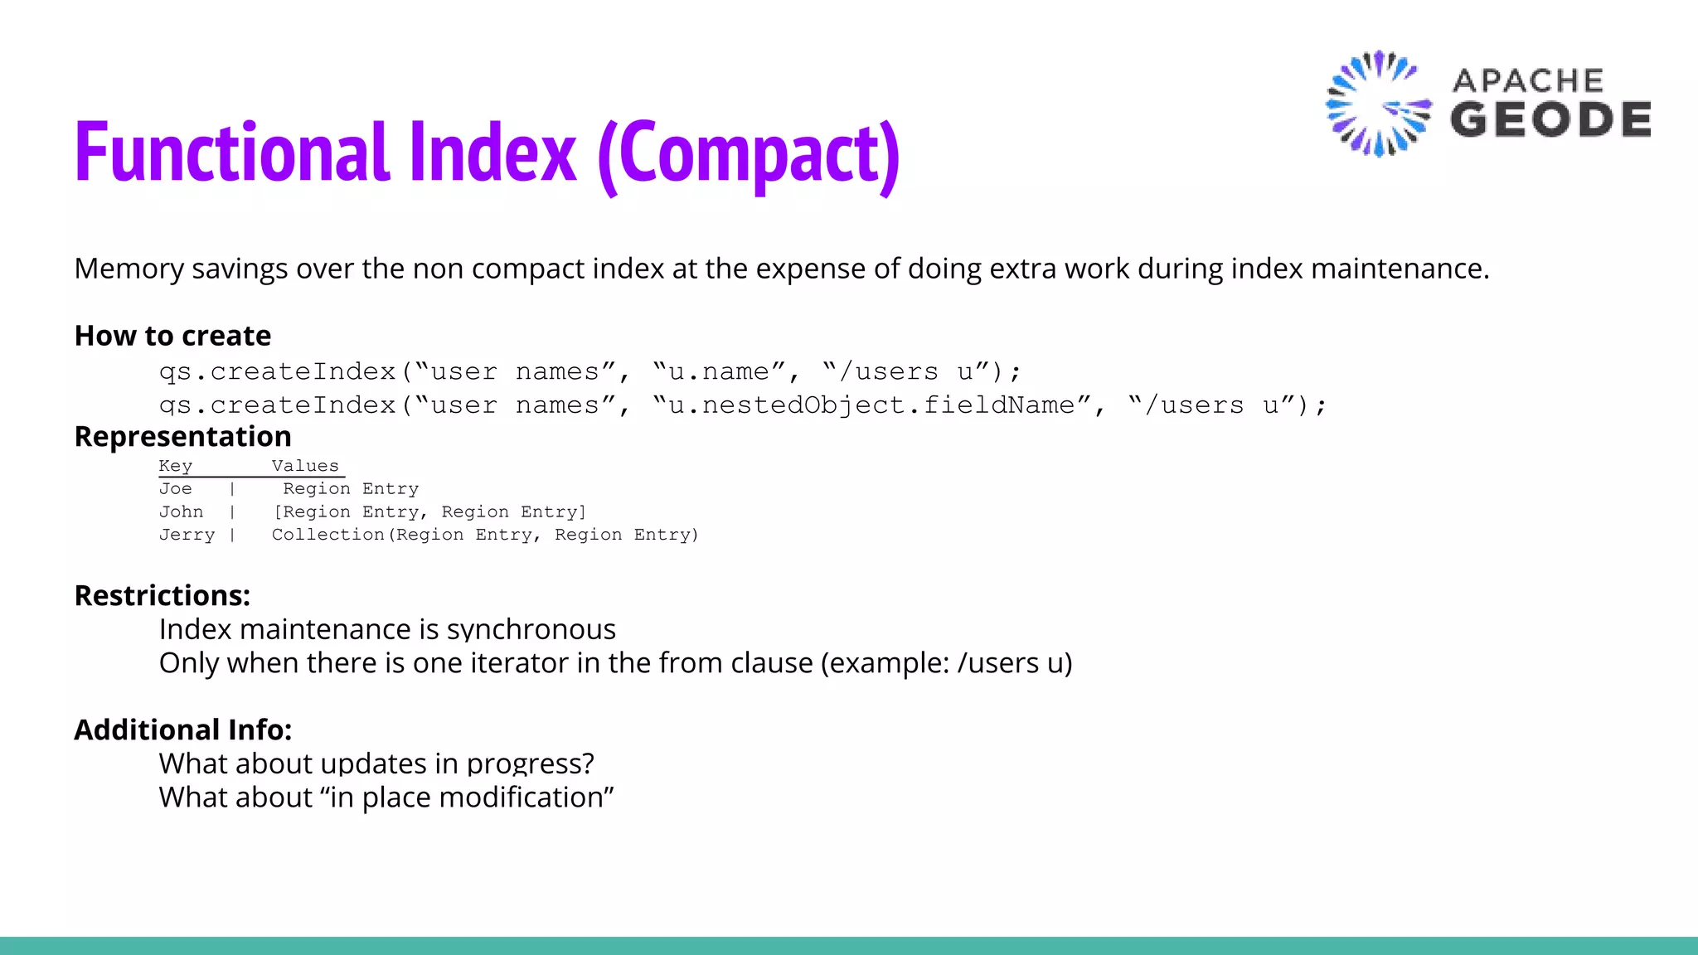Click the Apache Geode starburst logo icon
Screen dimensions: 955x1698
[x=1377, y=104]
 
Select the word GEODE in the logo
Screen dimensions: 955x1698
[x=1550, y=119]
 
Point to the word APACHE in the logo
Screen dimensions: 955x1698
[x=1528, y=80]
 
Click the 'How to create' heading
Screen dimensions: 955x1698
[x=172, y=336]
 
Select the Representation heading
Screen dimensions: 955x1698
[x=182, y=437]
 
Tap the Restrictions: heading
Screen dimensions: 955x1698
[x=163, y=596]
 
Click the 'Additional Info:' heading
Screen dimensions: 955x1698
[x=183, y=730]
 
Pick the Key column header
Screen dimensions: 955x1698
[x=175, y=466]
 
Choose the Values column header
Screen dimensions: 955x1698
[x=305, y=466]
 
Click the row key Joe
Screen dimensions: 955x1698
[x=175, y=489]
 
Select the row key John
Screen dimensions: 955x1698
[x=181, y=512]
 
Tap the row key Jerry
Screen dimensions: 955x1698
[x=187, y=535]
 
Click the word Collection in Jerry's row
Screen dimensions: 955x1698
[x=328, y=535]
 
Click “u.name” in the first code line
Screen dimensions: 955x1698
[x=719, y=371]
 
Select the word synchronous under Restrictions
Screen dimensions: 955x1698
[x=531, y=630]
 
